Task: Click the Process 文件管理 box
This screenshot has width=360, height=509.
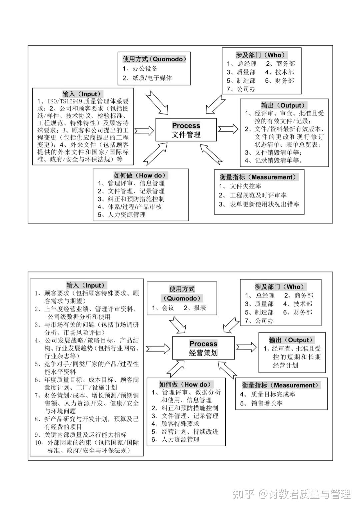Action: pyautogui.click(x=186, y=130)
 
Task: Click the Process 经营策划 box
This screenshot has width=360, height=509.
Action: pyautogui.click(x=203, y=348)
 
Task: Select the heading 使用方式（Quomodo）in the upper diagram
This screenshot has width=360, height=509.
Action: pyautogui.click(x=154, y=59)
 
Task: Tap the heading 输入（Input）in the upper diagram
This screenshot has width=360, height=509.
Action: pyautogui.click(x=83, y=94)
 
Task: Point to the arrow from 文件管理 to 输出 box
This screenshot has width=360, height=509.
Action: pyautogui.click(x=228, y=129)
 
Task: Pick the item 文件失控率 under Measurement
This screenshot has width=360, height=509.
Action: pyautogui.click(x=245, y=186)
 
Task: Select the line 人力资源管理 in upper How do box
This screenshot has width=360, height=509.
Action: pyautogui.click(x=126, y=215)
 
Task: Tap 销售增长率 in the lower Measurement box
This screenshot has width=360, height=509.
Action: pyautogui.click(x=267, y=403)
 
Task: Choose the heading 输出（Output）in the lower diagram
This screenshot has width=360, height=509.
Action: pyautogui.click(x=292, y=340)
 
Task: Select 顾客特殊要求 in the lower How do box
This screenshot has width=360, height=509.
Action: pyautogui.click(x=180, y=424)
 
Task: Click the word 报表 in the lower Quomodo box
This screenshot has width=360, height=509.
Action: pyautogui.click(x=200, y=308)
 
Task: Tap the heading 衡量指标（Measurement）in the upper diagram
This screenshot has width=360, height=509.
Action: pyautogui.click(x=258, y=177)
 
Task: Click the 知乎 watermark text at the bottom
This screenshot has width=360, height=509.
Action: pyautogui.click(x=244, y=494)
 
